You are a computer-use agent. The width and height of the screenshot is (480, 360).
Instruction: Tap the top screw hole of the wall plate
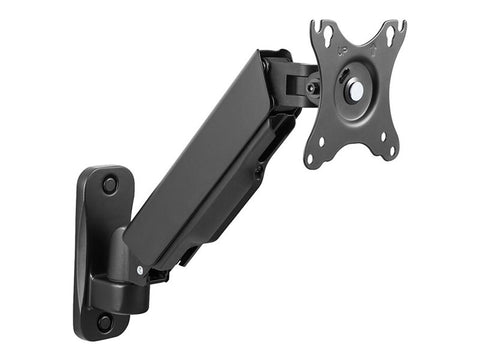[109, 185]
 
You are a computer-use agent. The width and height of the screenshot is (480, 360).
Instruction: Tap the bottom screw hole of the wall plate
[105, 322]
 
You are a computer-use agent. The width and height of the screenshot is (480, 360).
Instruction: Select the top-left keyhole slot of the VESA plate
[326, 36]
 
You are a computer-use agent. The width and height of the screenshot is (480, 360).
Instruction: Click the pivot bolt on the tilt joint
[312, 88]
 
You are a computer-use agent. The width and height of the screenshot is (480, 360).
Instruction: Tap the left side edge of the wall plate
[79, 250]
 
